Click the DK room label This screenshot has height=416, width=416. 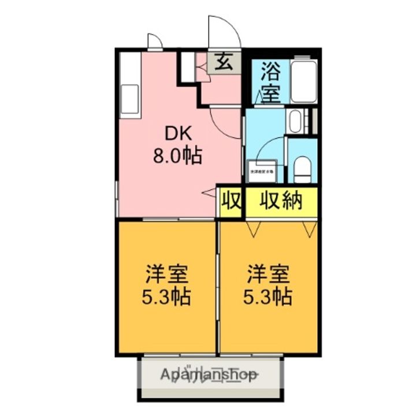coord(177,134)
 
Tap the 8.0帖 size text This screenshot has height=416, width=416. coord(177,155)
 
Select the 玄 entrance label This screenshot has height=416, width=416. coord(224,62)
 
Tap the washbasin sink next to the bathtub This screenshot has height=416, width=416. coord(295,121)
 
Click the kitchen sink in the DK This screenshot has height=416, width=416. coord(130,99)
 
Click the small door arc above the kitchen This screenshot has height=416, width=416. coord(154,41)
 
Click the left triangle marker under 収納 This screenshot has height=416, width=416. coord(252,230)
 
